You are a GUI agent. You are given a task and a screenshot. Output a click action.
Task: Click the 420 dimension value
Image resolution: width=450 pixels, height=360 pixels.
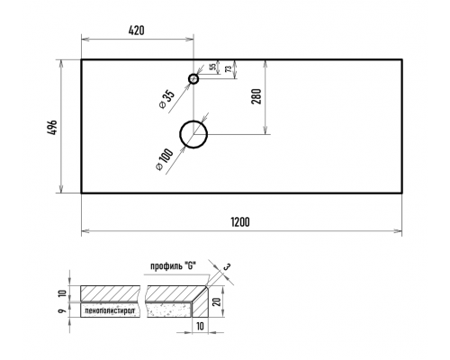137,31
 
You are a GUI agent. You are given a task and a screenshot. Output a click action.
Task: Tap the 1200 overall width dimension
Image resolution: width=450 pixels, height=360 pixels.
240,222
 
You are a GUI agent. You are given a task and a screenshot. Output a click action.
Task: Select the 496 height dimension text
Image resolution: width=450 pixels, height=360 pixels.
52,128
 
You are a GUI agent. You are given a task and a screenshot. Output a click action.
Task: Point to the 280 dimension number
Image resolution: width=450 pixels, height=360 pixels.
256,96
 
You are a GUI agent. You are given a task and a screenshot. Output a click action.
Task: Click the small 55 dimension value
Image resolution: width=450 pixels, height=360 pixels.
213,67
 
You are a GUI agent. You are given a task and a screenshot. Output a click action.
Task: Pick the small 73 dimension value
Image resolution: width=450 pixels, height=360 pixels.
229,69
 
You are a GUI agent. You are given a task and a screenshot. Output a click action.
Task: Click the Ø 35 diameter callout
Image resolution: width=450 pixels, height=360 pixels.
167,100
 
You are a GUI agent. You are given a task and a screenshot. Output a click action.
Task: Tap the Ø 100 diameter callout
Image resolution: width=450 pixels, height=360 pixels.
165,160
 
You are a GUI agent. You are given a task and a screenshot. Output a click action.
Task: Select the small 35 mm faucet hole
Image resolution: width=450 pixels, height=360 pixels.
193,79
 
